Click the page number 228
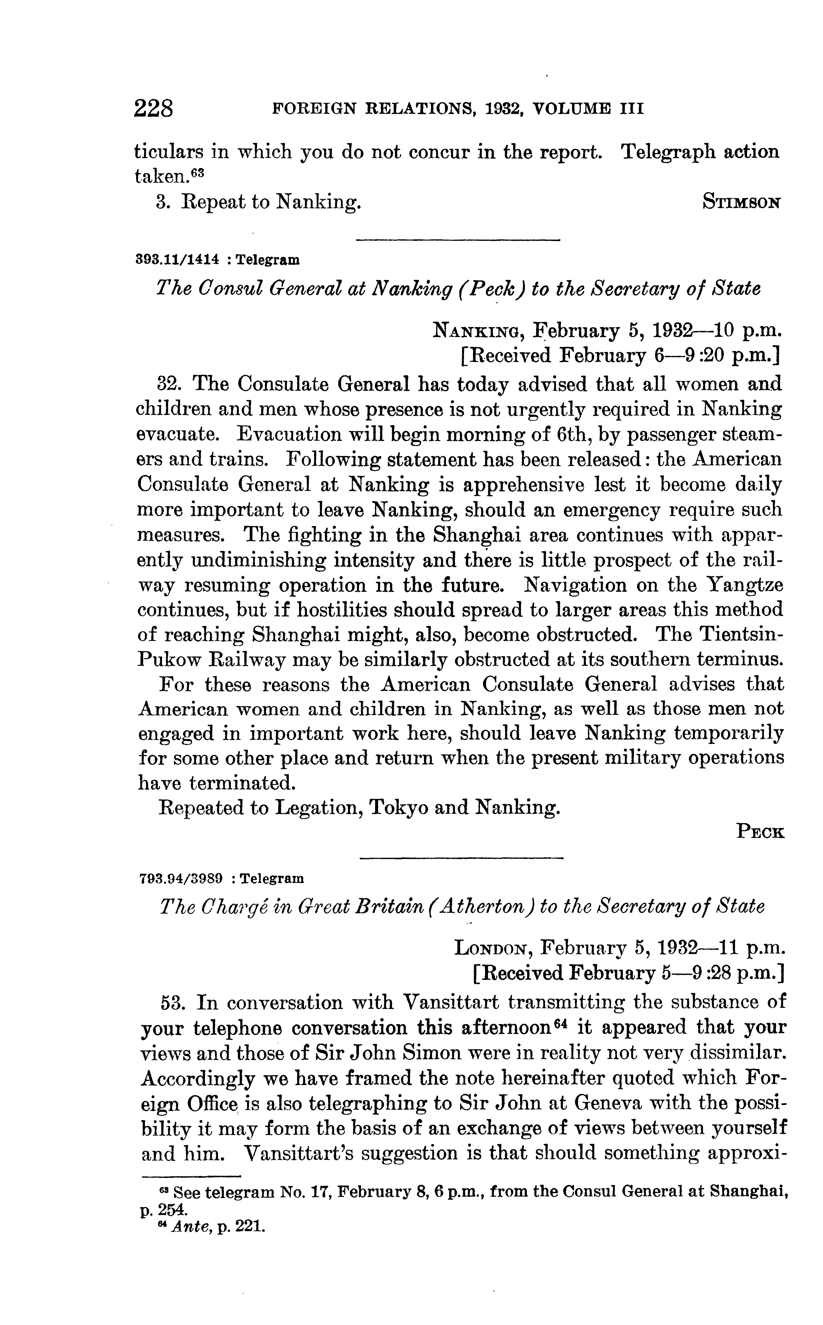[153, 109]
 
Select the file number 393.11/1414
[177, 260]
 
